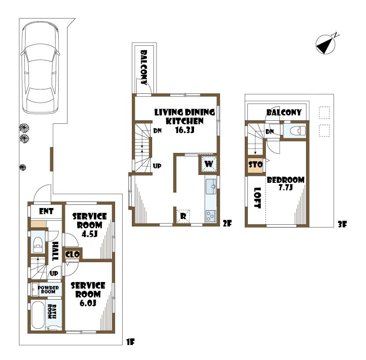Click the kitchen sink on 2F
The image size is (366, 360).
pos(211,186)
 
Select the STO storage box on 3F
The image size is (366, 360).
pos(256,165)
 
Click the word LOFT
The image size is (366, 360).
pos(257,199)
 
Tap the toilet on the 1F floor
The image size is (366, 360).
pos(38,244)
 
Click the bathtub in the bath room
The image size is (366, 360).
pos(38,314)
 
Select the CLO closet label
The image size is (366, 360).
pos(72,254)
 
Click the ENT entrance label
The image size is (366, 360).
pos(46,212)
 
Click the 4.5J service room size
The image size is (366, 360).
pos(90,234)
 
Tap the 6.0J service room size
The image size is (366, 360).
pos(90,303)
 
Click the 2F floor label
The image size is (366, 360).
pos(227,223)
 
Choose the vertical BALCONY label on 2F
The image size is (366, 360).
pos(144,67)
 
